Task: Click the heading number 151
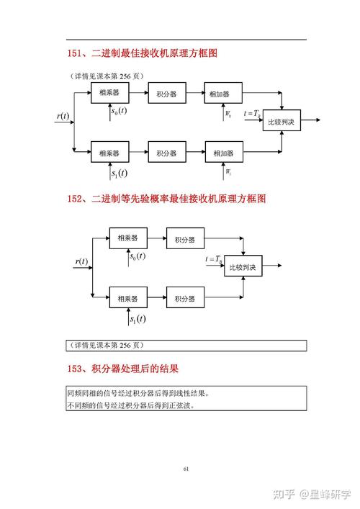(76, 53)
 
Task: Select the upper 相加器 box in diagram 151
(223, 93)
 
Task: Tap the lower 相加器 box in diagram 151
(223, 153)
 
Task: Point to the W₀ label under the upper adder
(228, 114)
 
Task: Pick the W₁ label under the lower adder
(228, 173)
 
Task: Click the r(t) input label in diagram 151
(63, 116)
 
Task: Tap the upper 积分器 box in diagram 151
(166, 93)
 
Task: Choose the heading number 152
(76, 199)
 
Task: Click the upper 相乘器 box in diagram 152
(127, 238)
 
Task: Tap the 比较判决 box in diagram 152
(243, 267)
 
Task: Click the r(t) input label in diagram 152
(81, 261)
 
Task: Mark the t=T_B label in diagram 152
(214, 258)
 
